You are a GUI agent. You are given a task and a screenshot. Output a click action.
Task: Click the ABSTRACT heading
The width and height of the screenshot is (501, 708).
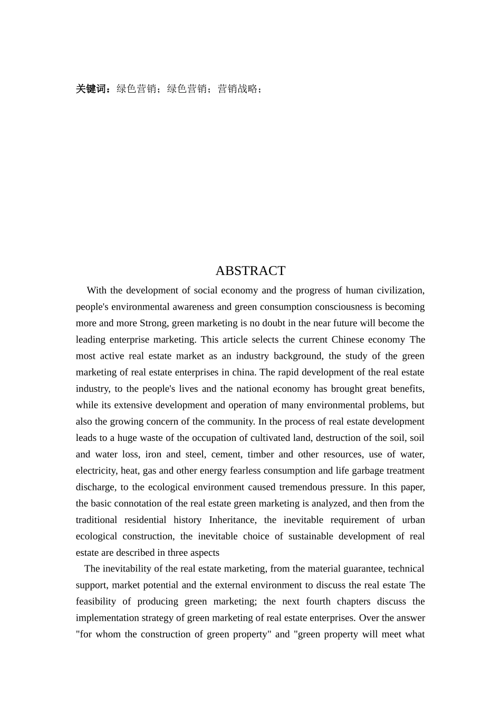click(x=250, y=271)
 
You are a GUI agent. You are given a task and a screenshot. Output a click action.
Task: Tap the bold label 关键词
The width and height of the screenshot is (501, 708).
click(x=92, y=89)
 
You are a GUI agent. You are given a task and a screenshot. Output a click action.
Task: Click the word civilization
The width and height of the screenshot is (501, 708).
click(x=399, y=290)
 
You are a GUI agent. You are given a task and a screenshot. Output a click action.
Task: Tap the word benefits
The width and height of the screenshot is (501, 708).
click(x=406, y=389)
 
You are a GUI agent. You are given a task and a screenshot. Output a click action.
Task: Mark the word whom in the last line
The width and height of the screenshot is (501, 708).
click(x=108, y=634)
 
